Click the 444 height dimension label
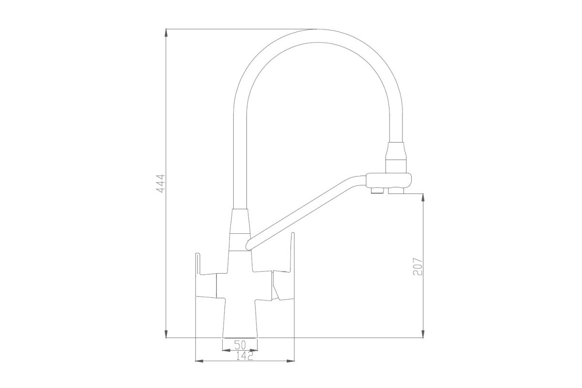tap(161, 183)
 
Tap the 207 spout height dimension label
tap(418, 266)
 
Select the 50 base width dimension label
tap(240, 345)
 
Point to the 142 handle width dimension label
tap(244, 356)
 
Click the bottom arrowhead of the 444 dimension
tap(166, 334)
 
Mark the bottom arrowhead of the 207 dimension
tap(423, 334)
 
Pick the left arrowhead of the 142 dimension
tap(199, 361)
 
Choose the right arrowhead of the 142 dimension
tap(291, 361)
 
